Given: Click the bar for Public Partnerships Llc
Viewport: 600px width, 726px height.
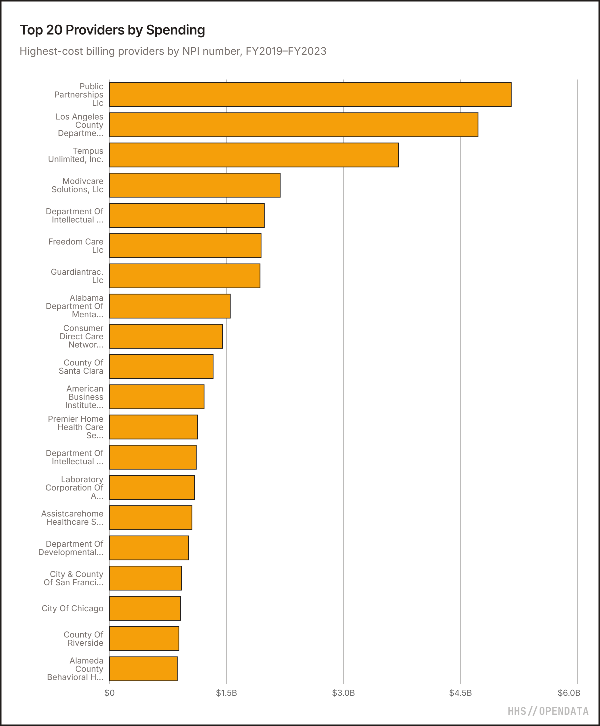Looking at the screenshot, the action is point(310,94).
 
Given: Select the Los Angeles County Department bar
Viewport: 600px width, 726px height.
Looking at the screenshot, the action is point(293,125).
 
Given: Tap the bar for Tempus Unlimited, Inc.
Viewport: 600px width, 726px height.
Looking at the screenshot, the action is point(254,155).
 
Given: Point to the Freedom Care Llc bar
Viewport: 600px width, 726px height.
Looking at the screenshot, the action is point(185,246).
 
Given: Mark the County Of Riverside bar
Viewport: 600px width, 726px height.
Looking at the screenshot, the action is point(144,638).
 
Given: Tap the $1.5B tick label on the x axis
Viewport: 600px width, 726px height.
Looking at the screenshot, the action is point(226,693).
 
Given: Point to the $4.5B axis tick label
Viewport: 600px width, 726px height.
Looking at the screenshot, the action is point(460,693).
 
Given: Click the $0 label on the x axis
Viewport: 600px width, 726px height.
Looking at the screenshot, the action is point(109,693).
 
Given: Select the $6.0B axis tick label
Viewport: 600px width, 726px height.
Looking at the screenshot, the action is point(569,693).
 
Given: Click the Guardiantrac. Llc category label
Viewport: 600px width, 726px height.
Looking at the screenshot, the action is point(77,276).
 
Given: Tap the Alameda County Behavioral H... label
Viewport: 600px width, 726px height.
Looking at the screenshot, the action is point(75,669).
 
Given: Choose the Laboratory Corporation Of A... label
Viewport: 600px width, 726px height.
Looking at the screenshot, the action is point(74,487).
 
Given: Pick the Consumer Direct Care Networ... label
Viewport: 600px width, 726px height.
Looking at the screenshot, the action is point(81,336).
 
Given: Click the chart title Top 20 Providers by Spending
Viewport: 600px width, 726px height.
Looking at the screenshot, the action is point(112,30).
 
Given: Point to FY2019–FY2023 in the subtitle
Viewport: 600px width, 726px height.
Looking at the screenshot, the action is point(286,51).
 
